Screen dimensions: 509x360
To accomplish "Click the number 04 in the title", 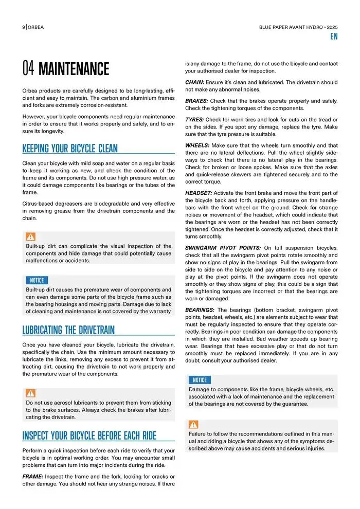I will tap(28, 68).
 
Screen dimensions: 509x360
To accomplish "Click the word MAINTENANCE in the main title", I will tap(74, 68).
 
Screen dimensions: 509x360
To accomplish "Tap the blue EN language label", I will tap(334, 37).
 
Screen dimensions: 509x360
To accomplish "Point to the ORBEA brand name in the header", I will tap(36, 27).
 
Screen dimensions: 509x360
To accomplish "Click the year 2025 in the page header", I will tap(332, 27).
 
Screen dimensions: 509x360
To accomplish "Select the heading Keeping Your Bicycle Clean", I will tap(70, 149).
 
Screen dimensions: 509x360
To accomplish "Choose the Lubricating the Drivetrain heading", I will tap(68, 330).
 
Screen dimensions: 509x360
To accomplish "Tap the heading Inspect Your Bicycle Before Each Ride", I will tap(89, 436).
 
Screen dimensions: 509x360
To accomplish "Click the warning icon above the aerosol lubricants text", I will tap(31, 393).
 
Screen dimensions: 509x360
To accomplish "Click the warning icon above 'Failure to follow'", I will tap(193, 425).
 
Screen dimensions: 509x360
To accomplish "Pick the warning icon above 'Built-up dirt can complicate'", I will tap(31, 237).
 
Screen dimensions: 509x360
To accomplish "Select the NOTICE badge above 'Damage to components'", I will tap(200, 380).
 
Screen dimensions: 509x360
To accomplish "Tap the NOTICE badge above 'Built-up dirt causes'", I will tap(37, 280).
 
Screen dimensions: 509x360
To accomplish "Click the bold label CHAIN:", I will tap(195, 82).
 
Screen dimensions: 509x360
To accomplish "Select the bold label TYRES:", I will tap(194, 119).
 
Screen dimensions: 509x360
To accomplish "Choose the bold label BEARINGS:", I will tap(200, 310).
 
